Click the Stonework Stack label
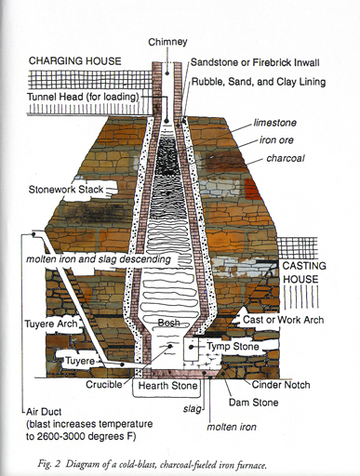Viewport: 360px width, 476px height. point(70,192)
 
